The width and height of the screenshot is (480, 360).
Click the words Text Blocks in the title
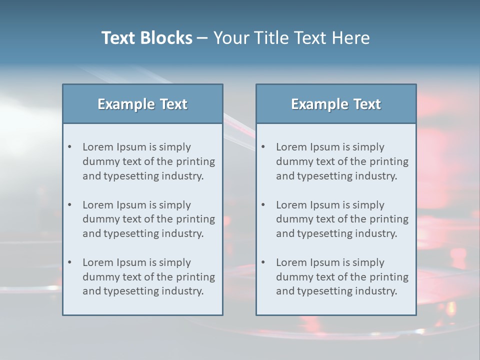click(146, 38)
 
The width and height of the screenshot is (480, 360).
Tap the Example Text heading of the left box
click(142, 104)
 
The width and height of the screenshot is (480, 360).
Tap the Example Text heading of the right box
click(336, 104)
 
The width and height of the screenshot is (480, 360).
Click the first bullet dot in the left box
click(70, 147)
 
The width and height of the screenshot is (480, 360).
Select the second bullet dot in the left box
click(70, 205)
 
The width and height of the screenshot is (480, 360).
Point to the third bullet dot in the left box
click(70, 262)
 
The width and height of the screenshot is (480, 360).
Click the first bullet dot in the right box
click(263, 147)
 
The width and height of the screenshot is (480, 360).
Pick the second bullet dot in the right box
click(263, 205)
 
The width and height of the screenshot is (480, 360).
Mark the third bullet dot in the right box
click(263, 262)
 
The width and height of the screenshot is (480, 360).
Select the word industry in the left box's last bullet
click(183, 291)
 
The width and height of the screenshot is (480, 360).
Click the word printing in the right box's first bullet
click(389, 161)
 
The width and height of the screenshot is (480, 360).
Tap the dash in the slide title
click(202, 38)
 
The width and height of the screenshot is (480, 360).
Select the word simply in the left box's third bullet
click(175, 262)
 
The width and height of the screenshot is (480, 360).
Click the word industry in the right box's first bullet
click(376, 176)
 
